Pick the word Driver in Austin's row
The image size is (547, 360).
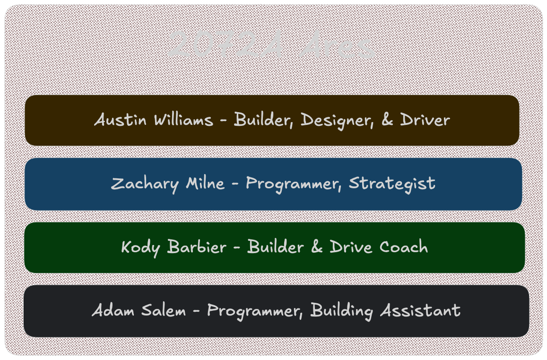(x=425, y=120)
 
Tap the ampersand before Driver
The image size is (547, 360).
(x=387, y=120)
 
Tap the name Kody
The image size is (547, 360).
(x=140, y=247)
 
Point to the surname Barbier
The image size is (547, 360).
(x=196, y=247)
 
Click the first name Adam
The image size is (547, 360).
(x=111, y=311)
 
